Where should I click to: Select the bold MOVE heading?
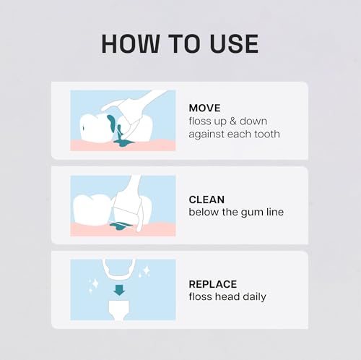[205, 108]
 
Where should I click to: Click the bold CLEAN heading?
[206, 199]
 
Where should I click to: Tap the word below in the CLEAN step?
[203, 212]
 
